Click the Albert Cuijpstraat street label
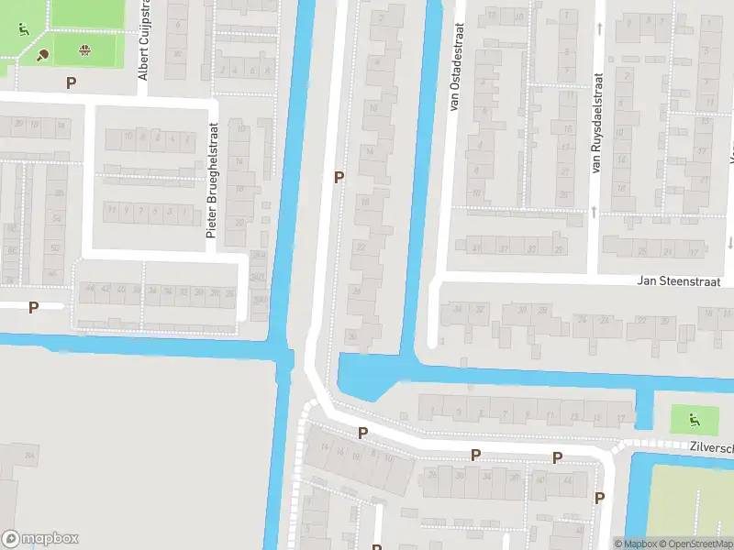pyautogui.click(x=143, y=40)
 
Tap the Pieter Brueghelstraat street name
pyautogui.click(x=211, y=181)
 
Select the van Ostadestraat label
pyautogui.click(x=453, y=57)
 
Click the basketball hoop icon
pyautogui.click(x=85, y=49)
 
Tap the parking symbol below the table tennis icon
pyautogui.click(x=71, y=82)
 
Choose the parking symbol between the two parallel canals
pyautogui.click(x=339, y=177)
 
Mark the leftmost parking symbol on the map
pyautogui.click(x=34, y=308)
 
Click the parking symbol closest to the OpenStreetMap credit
pyautogui.click(x=599, y=498)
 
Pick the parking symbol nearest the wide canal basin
pyautogui.click(x=363, y=433)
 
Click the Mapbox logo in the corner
pyautogui.click(x=40, y=538)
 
